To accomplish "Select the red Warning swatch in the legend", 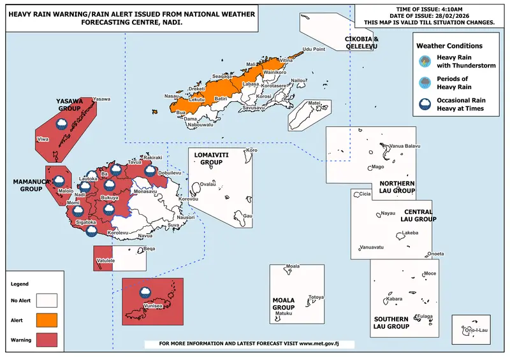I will (47, 340).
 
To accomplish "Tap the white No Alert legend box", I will (47, 299).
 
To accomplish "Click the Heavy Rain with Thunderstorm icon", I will (423, 62).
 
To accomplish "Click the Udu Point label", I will (314, 49).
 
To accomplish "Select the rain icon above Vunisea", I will (146, 292).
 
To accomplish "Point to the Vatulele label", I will (106, 261).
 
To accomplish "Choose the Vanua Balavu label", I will (405, 146).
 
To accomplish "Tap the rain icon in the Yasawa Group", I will (62, 122).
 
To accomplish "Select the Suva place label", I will (173, 226).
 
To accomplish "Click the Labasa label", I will (251, 84).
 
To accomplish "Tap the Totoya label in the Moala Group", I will (316, 298).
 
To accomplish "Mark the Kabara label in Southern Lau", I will (395, 298).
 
